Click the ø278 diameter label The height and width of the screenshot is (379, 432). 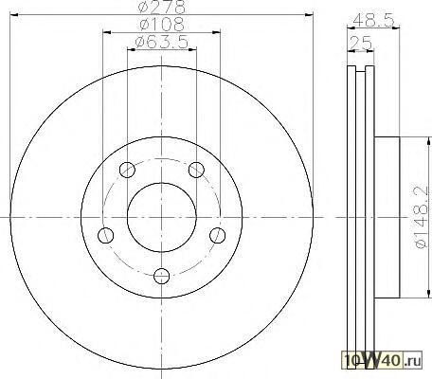point(162,7)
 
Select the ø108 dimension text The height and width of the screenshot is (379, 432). point(162,25)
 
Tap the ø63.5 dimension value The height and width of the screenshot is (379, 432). point(162,42)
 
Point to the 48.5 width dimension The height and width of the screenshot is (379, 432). point(373,21)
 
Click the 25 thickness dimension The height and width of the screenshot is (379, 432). point(361,43)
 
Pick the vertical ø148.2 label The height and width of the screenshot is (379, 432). point(422,217)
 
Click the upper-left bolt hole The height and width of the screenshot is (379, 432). point(127,170)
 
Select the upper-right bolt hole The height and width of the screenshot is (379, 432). point(196,170)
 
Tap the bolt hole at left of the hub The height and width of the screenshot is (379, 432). point(106,235)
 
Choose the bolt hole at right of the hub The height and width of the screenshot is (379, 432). point(218,235)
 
